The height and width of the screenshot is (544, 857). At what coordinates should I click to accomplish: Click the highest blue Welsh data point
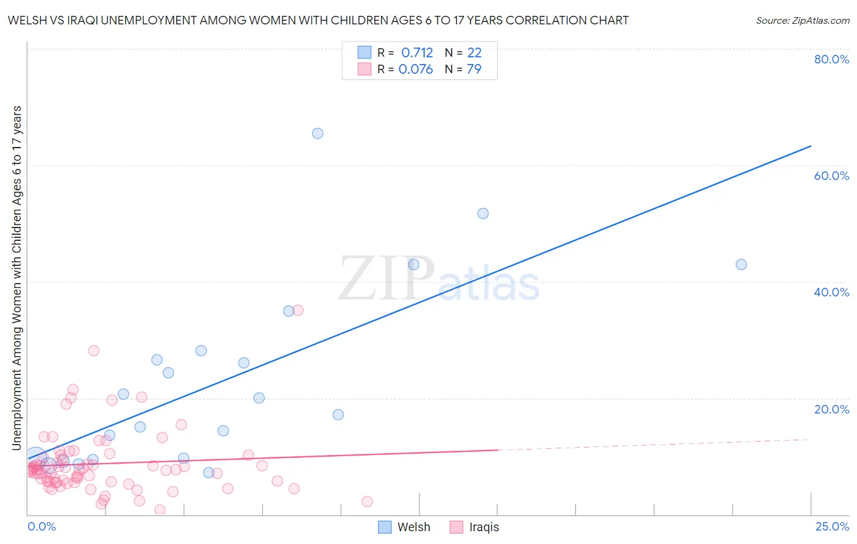(318, 134)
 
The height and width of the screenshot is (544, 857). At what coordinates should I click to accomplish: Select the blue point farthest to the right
(741, 265)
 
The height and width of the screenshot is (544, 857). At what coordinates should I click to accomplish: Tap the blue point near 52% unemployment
(483, 213)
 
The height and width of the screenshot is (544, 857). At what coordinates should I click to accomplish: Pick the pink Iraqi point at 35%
(298, 310)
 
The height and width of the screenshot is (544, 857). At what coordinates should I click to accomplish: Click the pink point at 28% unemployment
(93, 351)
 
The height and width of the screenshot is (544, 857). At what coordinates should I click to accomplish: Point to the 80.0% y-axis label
(831, 59)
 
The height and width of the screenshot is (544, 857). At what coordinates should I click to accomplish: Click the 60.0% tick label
(831, 176)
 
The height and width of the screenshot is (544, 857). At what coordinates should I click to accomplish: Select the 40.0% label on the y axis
(831, 292)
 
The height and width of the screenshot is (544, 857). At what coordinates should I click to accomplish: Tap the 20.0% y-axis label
(831, 409)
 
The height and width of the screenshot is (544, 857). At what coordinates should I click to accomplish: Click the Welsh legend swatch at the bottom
(385, 527)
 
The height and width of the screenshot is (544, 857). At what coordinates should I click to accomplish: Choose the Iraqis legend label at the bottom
(484, 527)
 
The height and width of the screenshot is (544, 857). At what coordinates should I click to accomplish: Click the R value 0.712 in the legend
(417, 53)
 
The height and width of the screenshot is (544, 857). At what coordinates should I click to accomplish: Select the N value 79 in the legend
(474, 70)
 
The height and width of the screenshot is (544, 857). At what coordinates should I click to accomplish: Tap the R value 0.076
(416, 70)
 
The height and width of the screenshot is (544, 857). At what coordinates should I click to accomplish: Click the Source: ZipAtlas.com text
(802, 21)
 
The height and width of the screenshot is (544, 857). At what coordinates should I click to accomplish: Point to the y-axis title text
(16, 278)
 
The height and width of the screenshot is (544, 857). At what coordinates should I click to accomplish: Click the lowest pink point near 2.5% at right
(367, 502)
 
